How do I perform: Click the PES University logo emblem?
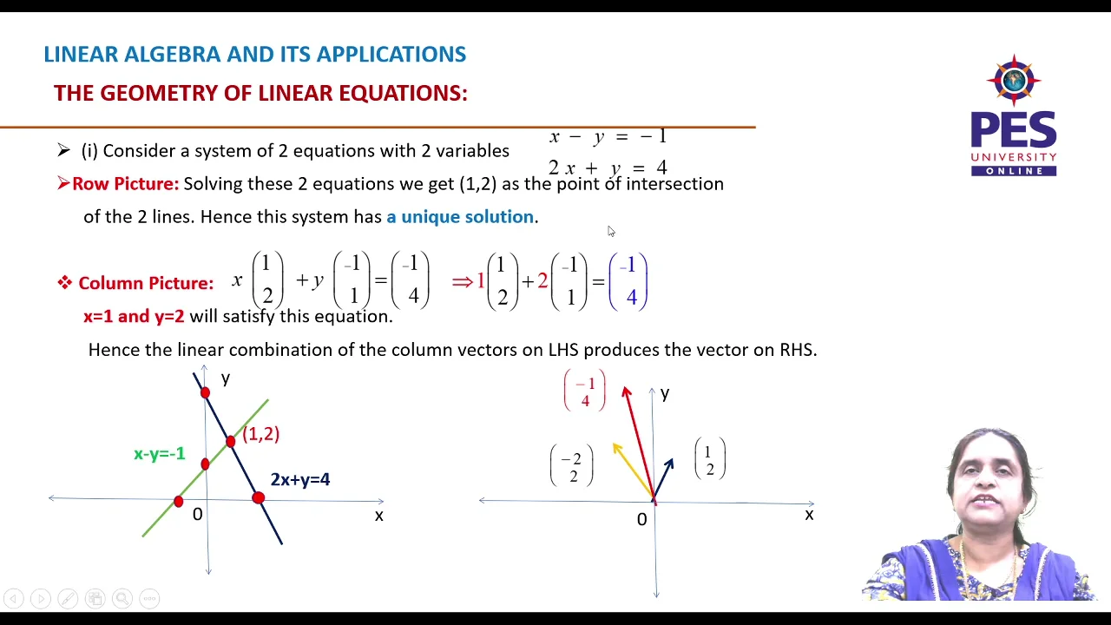pos(1014,80)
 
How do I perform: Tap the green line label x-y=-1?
pos(159,454)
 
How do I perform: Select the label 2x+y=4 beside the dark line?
pos(299,479)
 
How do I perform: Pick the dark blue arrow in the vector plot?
pos(663,477)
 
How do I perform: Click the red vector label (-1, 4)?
pos(585,391)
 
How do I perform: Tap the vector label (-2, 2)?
pos(572,467)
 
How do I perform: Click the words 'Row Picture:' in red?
pos(125,184)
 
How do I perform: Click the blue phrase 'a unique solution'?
pos(460,217)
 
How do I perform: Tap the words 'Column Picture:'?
pos(145,283)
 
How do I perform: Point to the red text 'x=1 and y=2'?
pos(134,317)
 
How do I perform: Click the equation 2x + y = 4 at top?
pos(608,168)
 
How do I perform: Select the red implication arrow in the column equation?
pos(462,281)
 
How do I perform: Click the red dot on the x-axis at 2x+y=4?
pos(258,498)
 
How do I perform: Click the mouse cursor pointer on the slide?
pos(610,230)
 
